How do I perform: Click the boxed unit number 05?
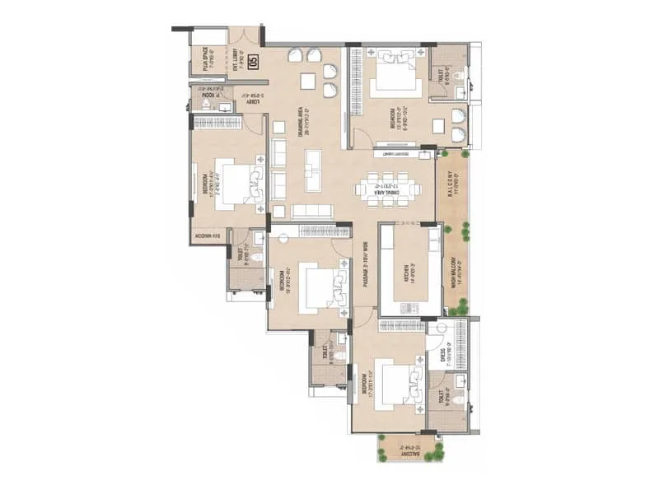click(x=253, y=60)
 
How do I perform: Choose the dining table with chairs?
click(x=388, y=189)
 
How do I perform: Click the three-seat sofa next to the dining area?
click(x=312, y=211)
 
